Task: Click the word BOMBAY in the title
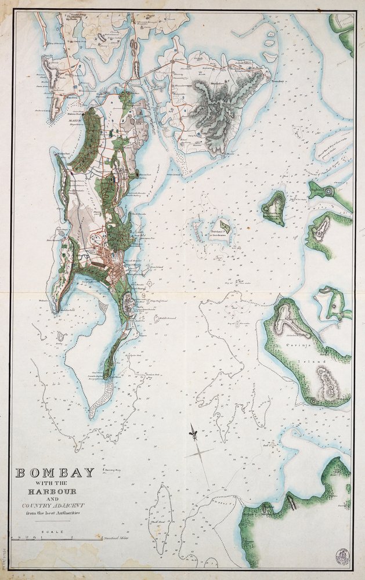click(x=55, y=473)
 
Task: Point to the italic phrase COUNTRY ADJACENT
click(x=55, y=504)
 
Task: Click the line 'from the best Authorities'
click(x=55, y=514)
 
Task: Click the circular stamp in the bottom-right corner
click(x=341, y=554)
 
